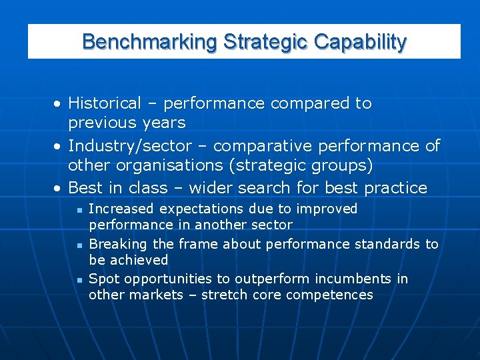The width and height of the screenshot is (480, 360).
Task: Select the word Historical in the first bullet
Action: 105,103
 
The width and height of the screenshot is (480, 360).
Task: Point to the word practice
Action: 395,188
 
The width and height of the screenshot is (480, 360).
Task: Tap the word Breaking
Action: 114,244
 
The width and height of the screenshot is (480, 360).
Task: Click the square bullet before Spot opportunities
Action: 79,280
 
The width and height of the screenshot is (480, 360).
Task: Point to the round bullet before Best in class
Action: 59,189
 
